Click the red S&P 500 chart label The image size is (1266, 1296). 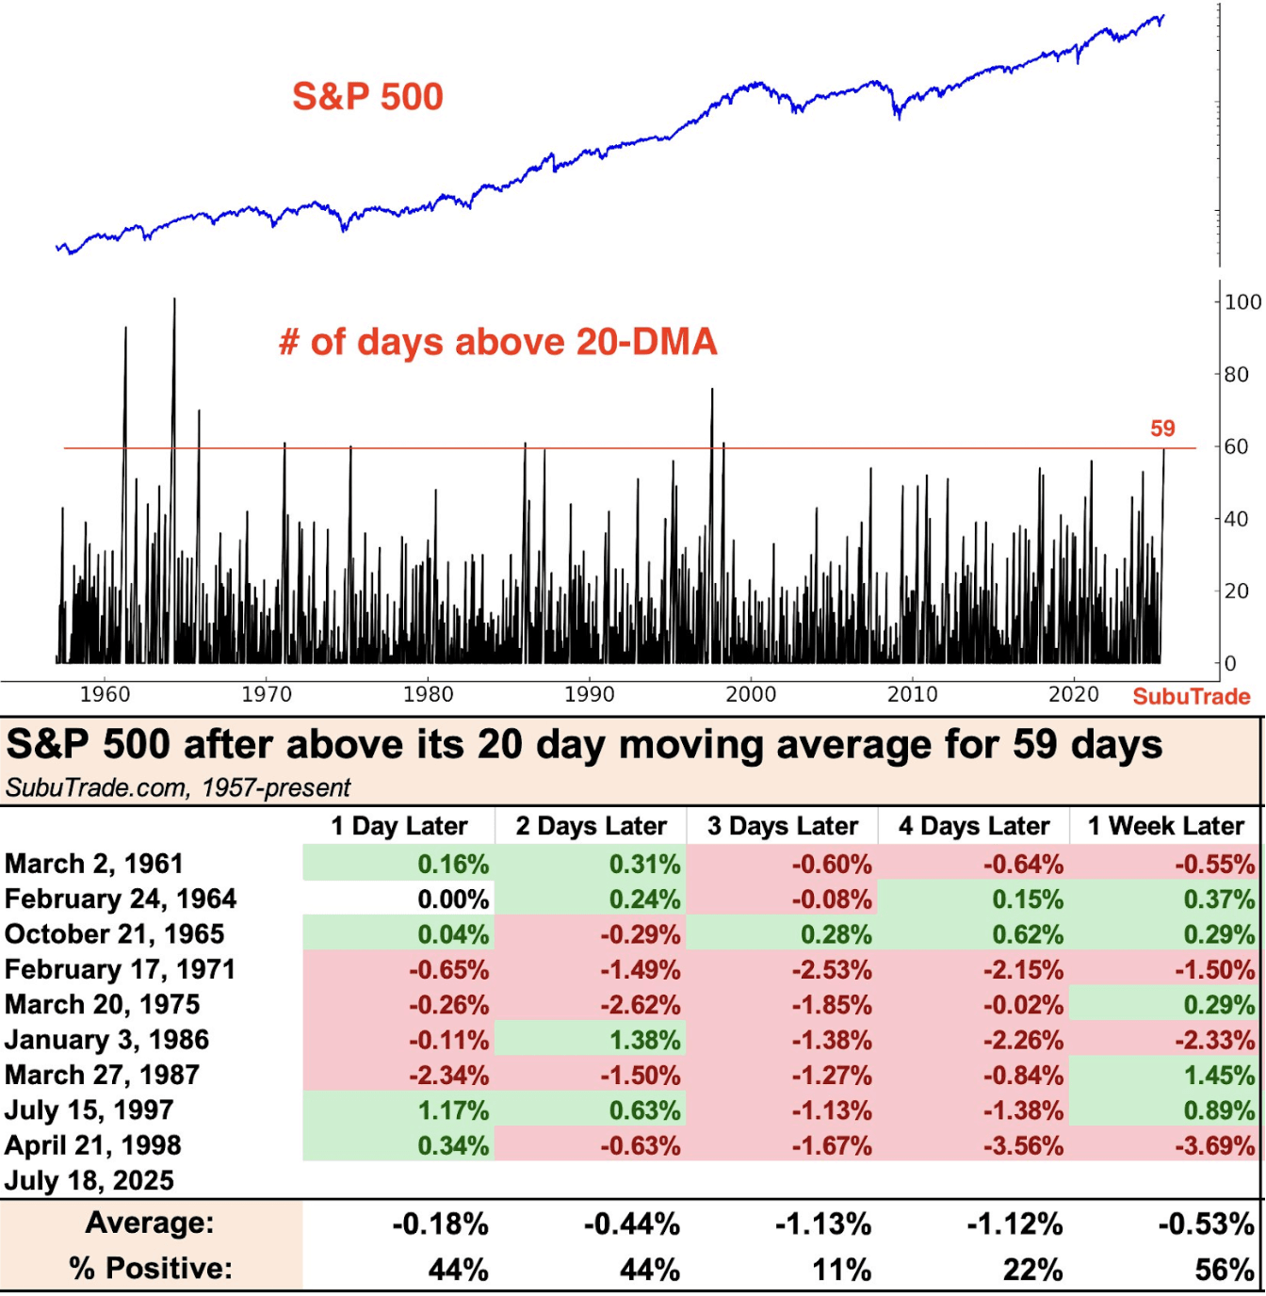(367, 97)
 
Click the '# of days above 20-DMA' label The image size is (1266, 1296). (498, 342)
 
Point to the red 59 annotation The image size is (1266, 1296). (1162, 429)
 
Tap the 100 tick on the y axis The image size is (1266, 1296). (1242, 302)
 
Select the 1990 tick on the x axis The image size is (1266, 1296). (590, 695)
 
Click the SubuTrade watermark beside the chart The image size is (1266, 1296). (1191, 696)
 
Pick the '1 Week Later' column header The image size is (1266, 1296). (1165, 826)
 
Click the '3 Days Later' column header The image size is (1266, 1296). (783, 826)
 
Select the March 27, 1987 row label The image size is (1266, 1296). (102, 1075)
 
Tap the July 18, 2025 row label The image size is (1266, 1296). (89, 1180)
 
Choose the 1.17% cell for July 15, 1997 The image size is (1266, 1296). (453, 1110)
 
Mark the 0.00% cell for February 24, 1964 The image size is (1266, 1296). (453, 899)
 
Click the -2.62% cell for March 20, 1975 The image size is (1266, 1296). (641, 1005)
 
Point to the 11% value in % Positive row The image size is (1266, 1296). (842, 1270)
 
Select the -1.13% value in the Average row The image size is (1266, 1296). (823, 1224)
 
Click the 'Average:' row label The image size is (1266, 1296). (150, 1223)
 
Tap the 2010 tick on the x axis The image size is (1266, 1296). (912, 695)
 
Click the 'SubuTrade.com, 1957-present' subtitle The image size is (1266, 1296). (178, 787)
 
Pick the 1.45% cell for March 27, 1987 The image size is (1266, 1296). (1219, 1076)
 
